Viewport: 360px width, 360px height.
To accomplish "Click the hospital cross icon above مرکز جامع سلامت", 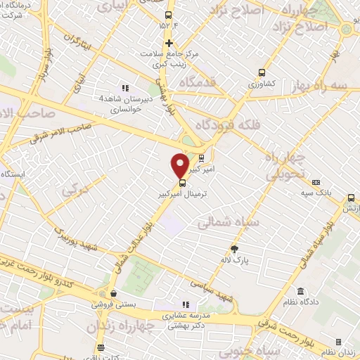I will click(169, 43).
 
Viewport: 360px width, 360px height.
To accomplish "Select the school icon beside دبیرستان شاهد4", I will click(124, 88).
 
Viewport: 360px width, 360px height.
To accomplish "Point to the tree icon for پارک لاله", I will click(234, 248).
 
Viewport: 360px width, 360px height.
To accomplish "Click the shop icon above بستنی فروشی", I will click(112, 294).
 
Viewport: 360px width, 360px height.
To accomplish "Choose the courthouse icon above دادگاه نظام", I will click(300, 291).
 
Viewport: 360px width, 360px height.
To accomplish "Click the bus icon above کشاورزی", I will click(262, 72).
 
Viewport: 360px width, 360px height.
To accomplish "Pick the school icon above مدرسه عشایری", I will click(186, 304).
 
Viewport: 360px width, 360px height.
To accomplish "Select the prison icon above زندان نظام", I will click(338, 342).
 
